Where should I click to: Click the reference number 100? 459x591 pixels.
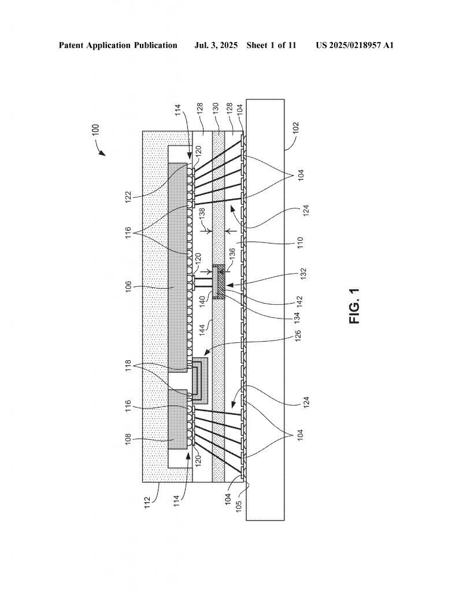[96, 130]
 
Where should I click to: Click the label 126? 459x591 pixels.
[298, 336]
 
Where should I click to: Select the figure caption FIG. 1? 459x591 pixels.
[355, 306]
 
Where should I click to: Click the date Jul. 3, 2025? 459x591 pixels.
[216, 46]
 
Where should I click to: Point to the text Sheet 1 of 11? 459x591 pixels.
[271, 46]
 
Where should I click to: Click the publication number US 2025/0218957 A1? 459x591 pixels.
[355, 46]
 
